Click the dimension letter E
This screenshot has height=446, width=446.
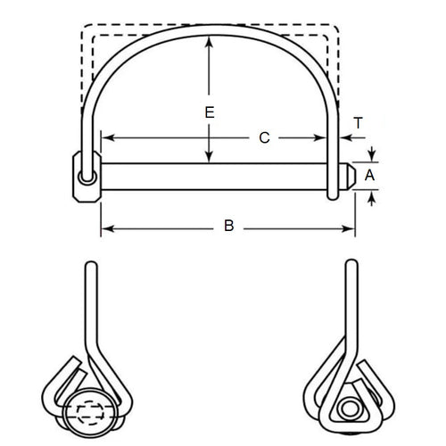coord(209,113)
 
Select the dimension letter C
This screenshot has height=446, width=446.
coord(263,138)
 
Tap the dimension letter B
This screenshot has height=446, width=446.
coord(229,227)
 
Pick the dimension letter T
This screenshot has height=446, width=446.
coord(358,122)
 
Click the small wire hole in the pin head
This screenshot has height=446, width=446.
coord(84,178)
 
